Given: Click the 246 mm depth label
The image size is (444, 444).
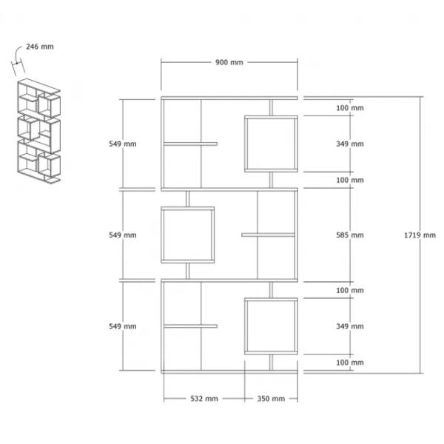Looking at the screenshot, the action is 40,47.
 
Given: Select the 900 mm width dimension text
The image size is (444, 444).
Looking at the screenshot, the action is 229,62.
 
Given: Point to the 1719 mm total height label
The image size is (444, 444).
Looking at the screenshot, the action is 420,235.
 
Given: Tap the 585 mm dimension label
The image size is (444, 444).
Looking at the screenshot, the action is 350,235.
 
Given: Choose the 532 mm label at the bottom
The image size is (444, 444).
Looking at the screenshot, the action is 204,399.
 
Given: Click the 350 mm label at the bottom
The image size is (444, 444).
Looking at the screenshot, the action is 271,399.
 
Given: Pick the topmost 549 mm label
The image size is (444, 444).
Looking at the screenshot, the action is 123,144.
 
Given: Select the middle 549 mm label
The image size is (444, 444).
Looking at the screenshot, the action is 123,235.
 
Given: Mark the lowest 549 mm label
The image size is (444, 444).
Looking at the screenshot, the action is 123,326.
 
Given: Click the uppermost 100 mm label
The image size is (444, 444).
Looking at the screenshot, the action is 350,108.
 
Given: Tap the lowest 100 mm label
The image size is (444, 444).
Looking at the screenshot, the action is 350,363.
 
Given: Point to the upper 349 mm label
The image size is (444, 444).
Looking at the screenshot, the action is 350,144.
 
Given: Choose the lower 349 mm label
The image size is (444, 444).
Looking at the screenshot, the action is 350,326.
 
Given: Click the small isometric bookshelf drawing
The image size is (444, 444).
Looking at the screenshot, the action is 38,131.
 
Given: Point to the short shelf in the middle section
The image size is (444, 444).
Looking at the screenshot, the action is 268,235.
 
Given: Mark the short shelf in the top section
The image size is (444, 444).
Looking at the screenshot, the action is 191,144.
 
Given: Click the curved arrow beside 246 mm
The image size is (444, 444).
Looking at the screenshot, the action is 17,53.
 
